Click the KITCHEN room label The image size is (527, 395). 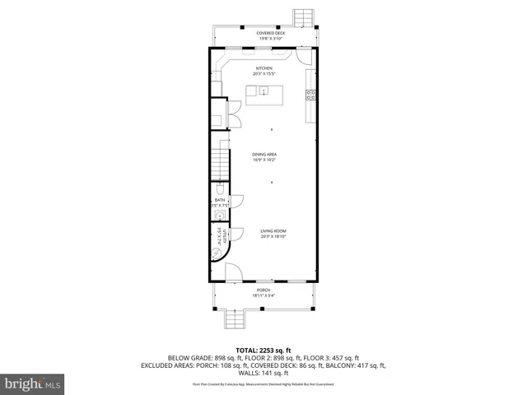263,68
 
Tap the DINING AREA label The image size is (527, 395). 263,154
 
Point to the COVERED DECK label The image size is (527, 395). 270,33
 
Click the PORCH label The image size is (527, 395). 263,290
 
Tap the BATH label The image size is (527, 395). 219,200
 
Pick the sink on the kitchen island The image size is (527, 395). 263,91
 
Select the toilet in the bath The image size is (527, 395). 221,188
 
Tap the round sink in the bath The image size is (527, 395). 220,216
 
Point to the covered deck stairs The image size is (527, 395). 304,17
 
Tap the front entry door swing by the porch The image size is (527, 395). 233,272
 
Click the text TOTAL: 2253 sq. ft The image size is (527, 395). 263,349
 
